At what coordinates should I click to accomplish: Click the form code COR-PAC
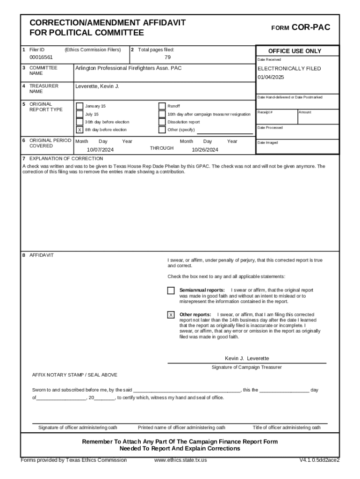coord(310,28)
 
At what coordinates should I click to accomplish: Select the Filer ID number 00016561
coord(41,57)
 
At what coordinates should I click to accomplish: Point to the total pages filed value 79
coord(167,57)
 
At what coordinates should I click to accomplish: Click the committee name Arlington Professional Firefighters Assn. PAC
coord(129,68)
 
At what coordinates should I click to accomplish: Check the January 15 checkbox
coord(79,106)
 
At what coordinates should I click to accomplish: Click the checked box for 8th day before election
coord(79,130)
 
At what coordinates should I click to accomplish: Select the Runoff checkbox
coord(162,106)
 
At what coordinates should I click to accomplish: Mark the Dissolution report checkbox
coord(162,122)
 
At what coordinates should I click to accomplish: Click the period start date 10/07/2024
coord(100,150)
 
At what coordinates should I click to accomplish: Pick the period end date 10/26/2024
coord(205,150)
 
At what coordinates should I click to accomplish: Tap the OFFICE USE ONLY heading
coord(295,51)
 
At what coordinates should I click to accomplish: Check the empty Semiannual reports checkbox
coord(171,290)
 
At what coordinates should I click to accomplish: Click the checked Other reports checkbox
coord(171,315)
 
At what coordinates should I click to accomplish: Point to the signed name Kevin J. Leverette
coord(247,358)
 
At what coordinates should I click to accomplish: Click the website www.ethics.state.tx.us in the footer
coord(180,460)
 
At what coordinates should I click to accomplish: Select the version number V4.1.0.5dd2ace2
coord(319,460)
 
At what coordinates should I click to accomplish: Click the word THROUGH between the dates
coord(161,148)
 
